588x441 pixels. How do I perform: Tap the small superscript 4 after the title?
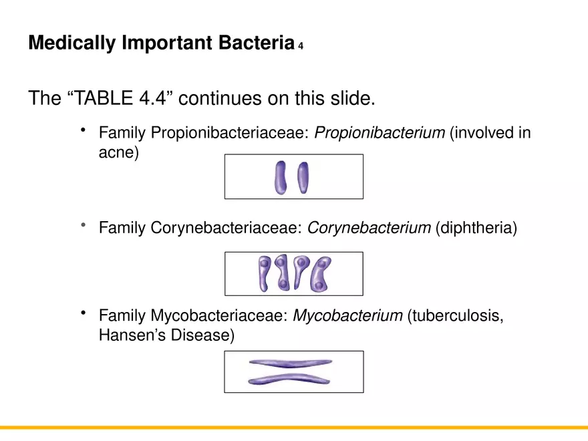pyautogui.click(x=301, y=46)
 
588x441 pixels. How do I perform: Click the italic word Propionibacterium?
pyautogui.click(x=380, y=133)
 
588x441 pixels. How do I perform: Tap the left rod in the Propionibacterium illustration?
pyautogui.click(x=280, y=177)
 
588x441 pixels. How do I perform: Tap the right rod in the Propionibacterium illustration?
pyautogui.click(x=304, y=177)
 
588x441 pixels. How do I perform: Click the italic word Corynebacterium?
pyautogui.click(x=369, y=229)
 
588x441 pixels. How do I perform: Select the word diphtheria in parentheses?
pyautogui.click(x=476, y=229)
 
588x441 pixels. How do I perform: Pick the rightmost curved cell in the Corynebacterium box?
pyautogui.click(x=321, y=274)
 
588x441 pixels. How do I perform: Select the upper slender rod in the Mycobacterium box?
pyautogui.click(x=289, y=363)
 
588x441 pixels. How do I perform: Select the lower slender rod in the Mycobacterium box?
pyautogui.click(x=289, y=380)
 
